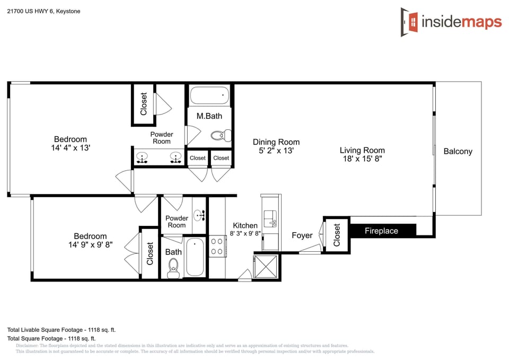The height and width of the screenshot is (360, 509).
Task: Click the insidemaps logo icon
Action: [409, 22]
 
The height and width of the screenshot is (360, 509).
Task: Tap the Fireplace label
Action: [381, 231]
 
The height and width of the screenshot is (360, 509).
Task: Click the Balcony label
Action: [458, 151]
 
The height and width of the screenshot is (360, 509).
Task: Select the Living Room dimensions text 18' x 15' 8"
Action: [362, 159]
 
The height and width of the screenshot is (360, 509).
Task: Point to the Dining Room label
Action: [276, 142]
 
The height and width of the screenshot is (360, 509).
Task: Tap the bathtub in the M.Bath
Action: [209, 95]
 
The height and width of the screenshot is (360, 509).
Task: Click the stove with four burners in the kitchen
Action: [217, 246]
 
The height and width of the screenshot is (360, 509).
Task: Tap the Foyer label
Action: [302, 235]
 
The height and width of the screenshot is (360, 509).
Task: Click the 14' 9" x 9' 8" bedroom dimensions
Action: [90, 244]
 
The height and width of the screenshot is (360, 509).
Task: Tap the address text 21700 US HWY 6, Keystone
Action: [44, 11]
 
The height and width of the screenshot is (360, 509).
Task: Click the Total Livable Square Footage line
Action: [62, 329]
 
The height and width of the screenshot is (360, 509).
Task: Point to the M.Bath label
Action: [209, 116]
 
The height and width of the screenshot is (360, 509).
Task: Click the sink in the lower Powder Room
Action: [199, 215]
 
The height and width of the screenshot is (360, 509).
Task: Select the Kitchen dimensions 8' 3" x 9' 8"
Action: [245, 233]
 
